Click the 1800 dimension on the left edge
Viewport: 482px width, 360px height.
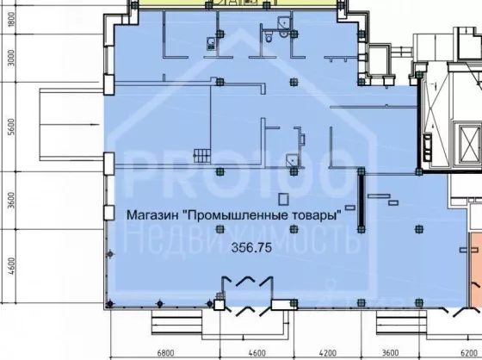click(x=11, y=19)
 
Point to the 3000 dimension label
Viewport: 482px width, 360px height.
click(x=11, y=59)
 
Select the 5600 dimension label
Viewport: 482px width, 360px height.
click(x=11, y=127)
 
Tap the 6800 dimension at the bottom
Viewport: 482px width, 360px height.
click(x=165, y=352)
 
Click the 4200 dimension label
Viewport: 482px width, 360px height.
click(x=328, y=352)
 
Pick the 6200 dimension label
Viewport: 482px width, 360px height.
click(x=469, y=352)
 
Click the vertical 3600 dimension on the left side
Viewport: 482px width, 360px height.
click(x=11, y=200)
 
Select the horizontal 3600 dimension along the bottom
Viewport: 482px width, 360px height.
click(x=390, y=352)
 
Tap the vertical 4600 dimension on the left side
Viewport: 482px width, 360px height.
click(x=11, y=266)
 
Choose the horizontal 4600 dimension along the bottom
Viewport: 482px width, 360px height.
click(x=256, y=352)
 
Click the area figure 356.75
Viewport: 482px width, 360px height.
click(x=251, y=247)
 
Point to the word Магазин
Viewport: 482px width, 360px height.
click(x=152, y=214)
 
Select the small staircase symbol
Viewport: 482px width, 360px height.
click(x=202, y=156)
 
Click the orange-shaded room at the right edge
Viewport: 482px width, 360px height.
click(x=476, y=270)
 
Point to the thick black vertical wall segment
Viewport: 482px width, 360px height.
click(x=361, y=200)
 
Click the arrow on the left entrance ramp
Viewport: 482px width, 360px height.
click(x=70, y=125)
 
